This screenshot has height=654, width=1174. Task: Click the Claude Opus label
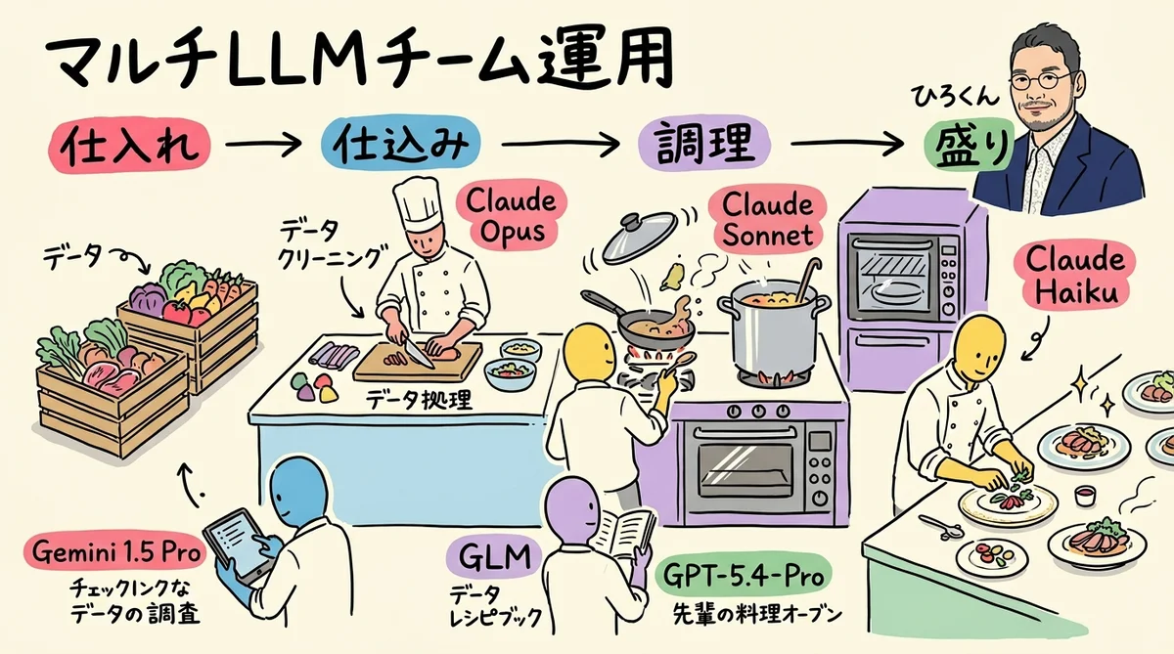(x=511, y=217)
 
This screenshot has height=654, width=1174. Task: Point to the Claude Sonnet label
(x=767, y=220)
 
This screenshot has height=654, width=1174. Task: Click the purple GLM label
(x=493, y=560)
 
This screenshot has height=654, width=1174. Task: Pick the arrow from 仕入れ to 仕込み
(x=262, y=147)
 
